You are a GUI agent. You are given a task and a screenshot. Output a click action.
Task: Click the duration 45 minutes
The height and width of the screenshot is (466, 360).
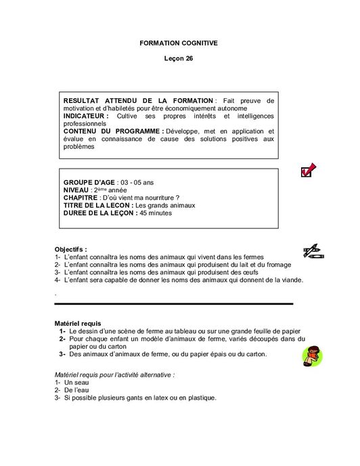click(156, 213)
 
